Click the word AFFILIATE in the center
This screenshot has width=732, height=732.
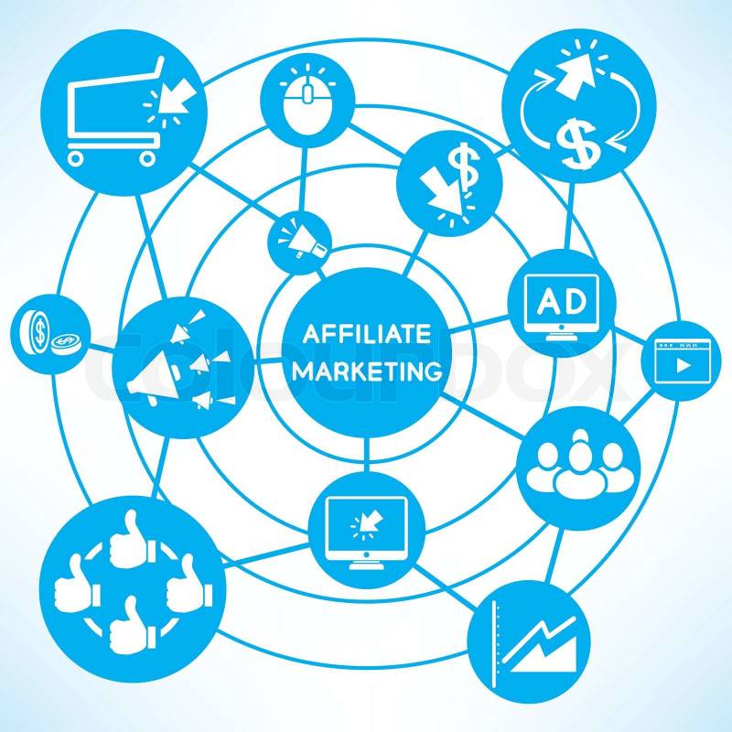(367, 333)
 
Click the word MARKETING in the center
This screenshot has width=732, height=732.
(367, 371)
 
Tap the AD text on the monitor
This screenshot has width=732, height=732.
(561, 302)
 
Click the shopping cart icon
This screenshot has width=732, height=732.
(124, 111)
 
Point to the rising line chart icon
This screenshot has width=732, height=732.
(534, 644)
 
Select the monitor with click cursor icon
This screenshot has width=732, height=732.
(367, 533)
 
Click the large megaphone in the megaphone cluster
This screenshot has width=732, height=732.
(154, 378)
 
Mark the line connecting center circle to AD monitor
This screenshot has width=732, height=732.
(479, 324)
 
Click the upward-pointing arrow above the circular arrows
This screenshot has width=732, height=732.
(576, 70)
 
